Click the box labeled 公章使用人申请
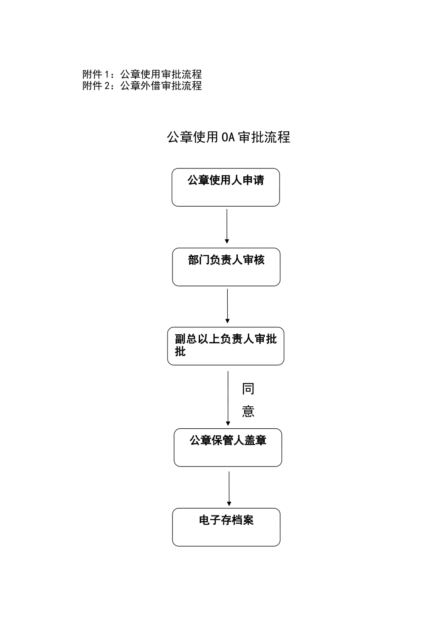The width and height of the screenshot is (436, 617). point(225,187)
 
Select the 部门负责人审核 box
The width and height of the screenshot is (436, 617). point(226,267)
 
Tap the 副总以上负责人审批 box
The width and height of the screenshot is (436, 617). point(225,346)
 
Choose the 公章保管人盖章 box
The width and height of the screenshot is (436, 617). point(228,448)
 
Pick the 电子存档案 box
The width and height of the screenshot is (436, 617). point(226,527)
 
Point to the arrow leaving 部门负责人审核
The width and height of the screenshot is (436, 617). point(227,306)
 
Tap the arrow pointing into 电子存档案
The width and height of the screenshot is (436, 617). point(229,488)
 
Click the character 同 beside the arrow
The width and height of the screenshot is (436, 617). point(248,389)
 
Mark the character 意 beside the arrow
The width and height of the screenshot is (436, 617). point(248,411)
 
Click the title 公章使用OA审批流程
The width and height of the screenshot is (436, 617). point(228,137)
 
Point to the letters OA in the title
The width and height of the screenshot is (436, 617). point(228,137)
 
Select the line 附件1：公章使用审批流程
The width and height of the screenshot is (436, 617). point(142,74)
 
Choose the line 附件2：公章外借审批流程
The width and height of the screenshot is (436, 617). point(142,86)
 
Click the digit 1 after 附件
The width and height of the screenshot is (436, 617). point(107,74)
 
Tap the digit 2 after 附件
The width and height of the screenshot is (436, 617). point(107,86)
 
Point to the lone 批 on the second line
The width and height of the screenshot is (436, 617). point(180,352)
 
